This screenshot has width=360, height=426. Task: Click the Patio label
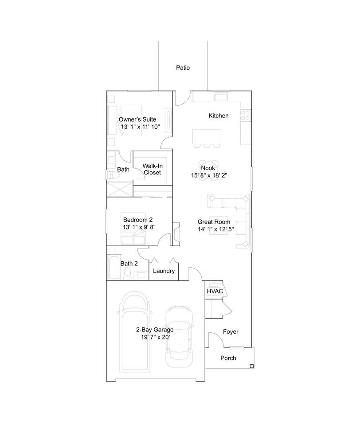coord(183,67)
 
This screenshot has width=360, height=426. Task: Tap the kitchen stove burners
coord(246,115)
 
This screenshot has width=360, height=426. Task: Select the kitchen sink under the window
coord(221,97)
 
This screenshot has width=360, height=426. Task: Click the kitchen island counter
coord(207,137)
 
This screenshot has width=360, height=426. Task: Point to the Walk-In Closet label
coord(153,169)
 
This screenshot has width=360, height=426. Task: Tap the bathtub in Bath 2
coord(114,267)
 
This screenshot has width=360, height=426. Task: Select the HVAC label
coord(215,291)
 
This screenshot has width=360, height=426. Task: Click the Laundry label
coord(164,271)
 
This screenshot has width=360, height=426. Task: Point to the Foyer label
coord(231,332)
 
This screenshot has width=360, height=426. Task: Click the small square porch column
coord(252,366)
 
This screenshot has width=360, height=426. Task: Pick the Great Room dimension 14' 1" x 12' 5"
coord(215,229)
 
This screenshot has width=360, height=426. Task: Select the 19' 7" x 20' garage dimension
coord(155,337)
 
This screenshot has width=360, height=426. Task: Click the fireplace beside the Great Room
coord(176,234)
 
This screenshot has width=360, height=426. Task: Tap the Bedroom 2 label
coord(138,220)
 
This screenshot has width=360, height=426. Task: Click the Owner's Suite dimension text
coord(141,126)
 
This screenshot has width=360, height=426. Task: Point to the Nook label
coord(208,168)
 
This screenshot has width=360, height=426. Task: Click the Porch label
coord(228,358)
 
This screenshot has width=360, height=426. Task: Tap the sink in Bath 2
coord(141,275)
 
